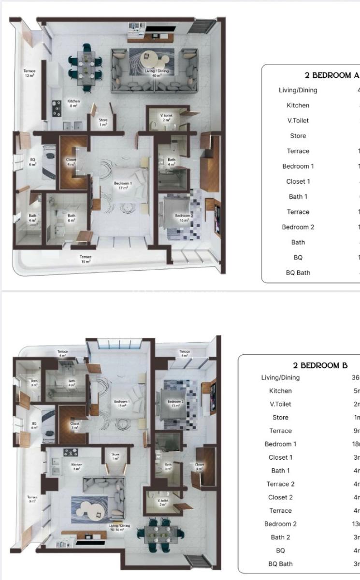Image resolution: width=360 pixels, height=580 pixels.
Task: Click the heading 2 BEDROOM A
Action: [x=332, y=75]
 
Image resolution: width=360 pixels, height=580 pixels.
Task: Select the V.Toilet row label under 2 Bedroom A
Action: [x=298, y=120]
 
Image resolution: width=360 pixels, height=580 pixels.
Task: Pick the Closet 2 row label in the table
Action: [x=280, y=497]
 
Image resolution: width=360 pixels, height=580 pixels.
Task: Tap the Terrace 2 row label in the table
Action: [x=280, y=484]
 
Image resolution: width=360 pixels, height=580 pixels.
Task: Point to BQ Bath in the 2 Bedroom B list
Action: [x=280, y=564]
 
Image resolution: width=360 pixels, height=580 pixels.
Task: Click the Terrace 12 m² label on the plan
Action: [x=29, y=73]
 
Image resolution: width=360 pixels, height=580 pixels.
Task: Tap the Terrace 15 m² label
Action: [x=86, y=259]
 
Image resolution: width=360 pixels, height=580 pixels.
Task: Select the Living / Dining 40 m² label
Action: [x=156, y=73]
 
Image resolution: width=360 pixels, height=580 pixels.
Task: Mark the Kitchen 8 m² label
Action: [x=73, y=103]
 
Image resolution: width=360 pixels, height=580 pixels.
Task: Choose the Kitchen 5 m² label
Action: [x=77, y=466]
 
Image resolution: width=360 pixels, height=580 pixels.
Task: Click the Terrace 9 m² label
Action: [x=32, y=499]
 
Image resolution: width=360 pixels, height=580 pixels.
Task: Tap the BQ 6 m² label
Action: [x=33, y=162]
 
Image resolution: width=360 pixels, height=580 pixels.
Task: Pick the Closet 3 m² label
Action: [x=75, y=426]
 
